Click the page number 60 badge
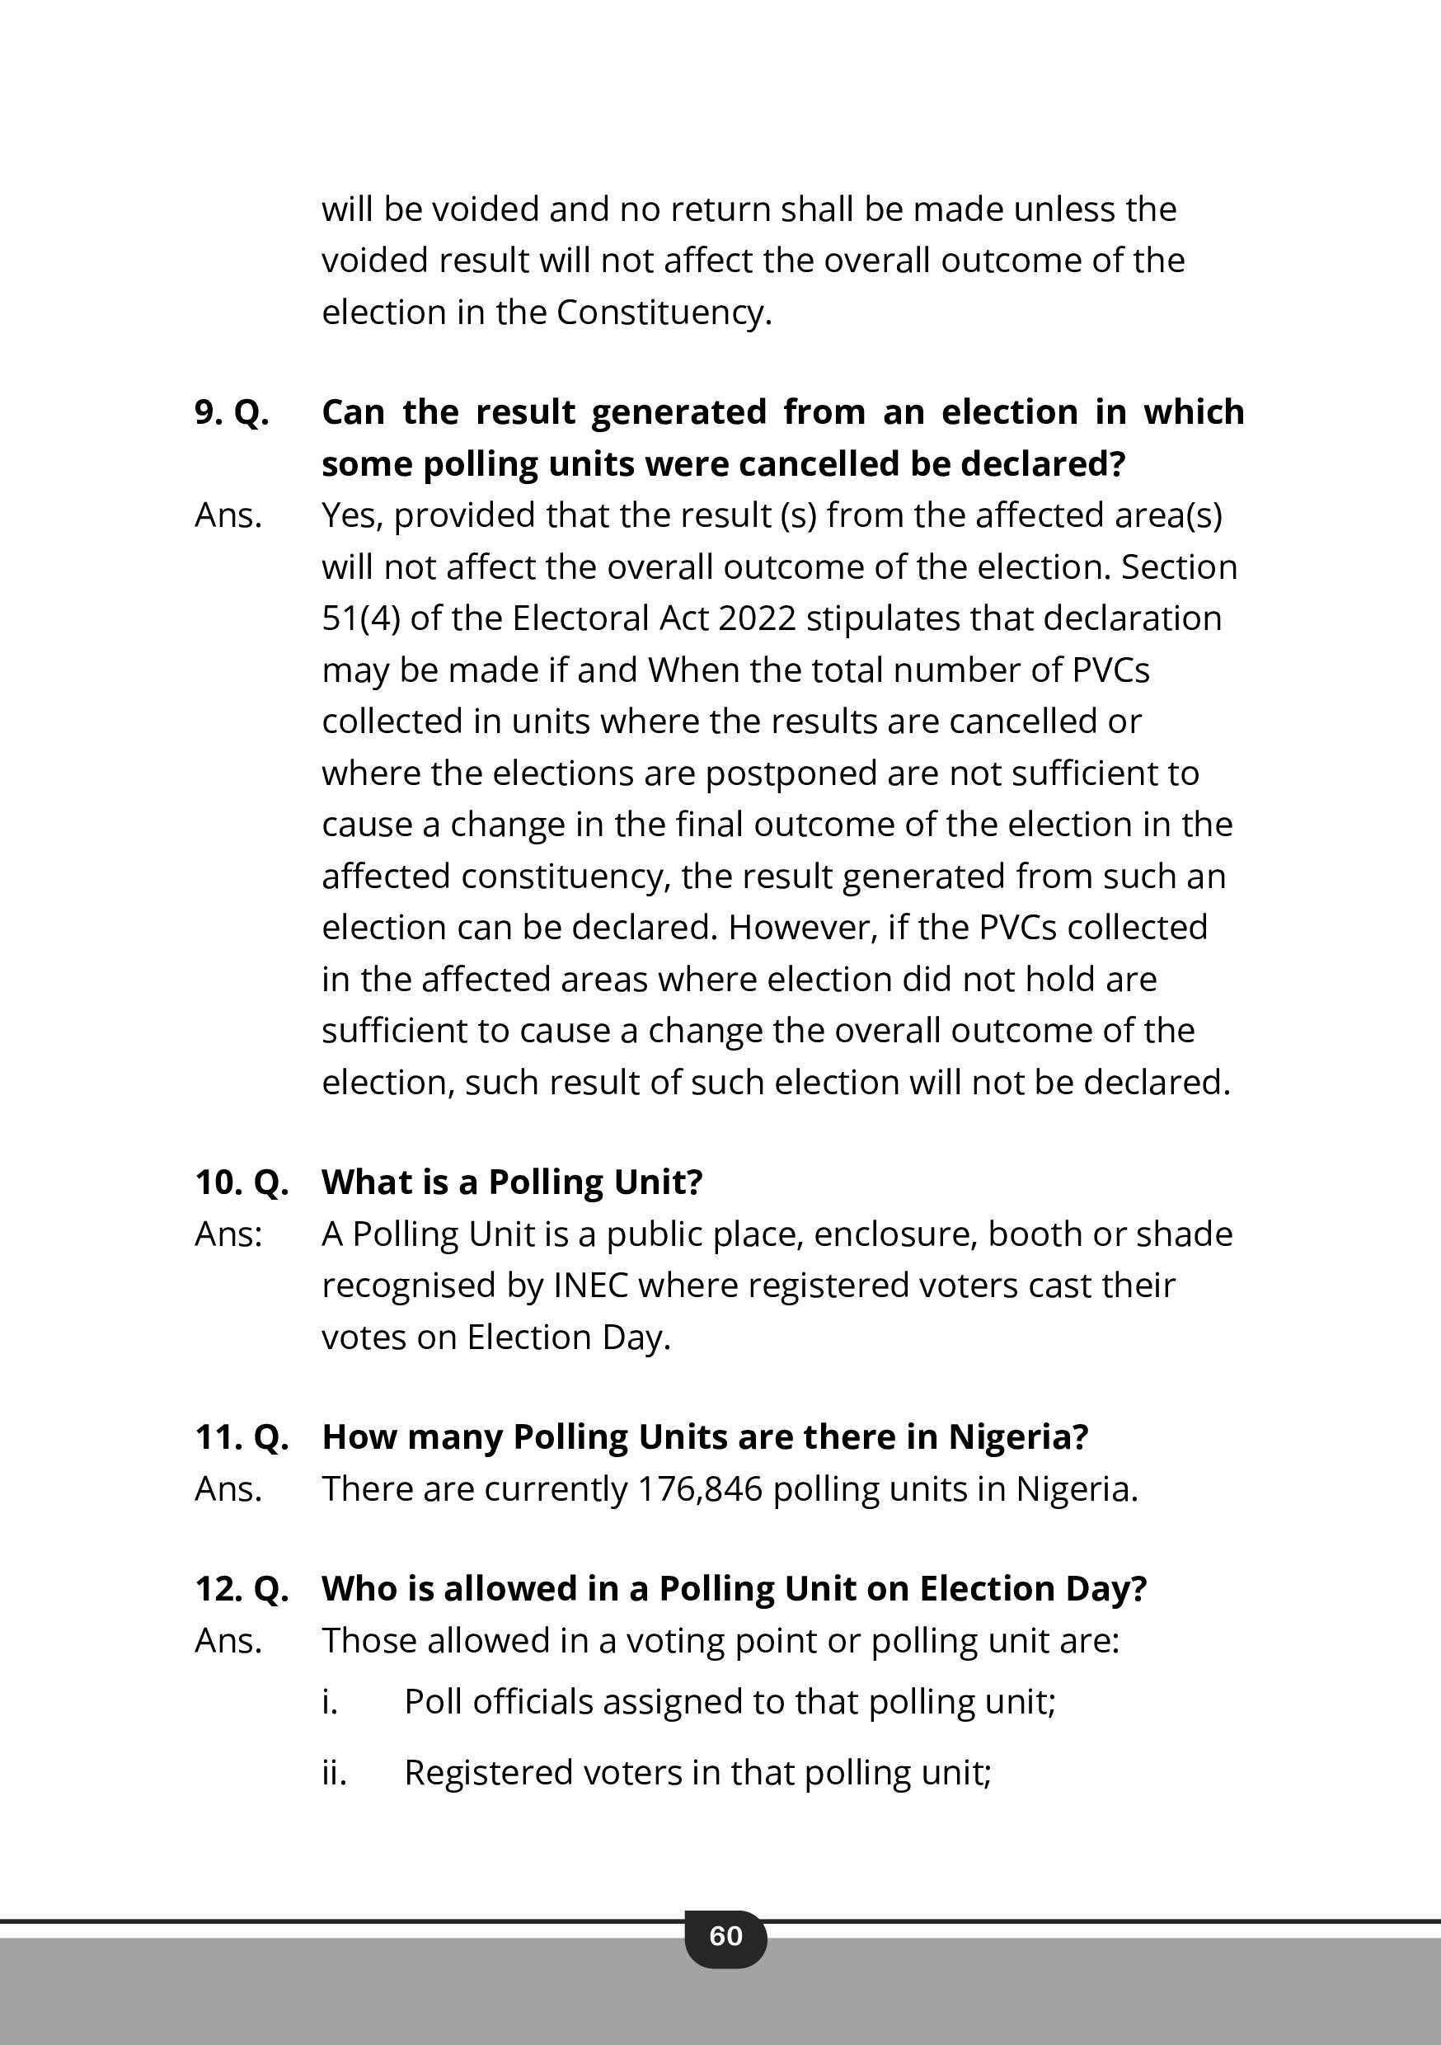pos(725,1936)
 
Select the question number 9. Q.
pos(232,412)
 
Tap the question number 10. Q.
pos(242,1182)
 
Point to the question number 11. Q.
pos(242,1436)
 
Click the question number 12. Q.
pos(242,1588)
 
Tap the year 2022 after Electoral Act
pos(756,618)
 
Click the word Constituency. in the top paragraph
pos(664,313)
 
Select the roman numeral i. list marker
pos(330,1702)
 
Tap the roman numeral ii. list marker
pos(334,1772)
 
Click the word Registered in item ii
pos(487,1772)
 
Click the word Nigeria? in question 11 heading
pos(1018,1436)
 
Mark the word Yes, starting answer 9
pos(352,515)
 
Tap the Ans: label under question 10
pos(229,1234)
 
